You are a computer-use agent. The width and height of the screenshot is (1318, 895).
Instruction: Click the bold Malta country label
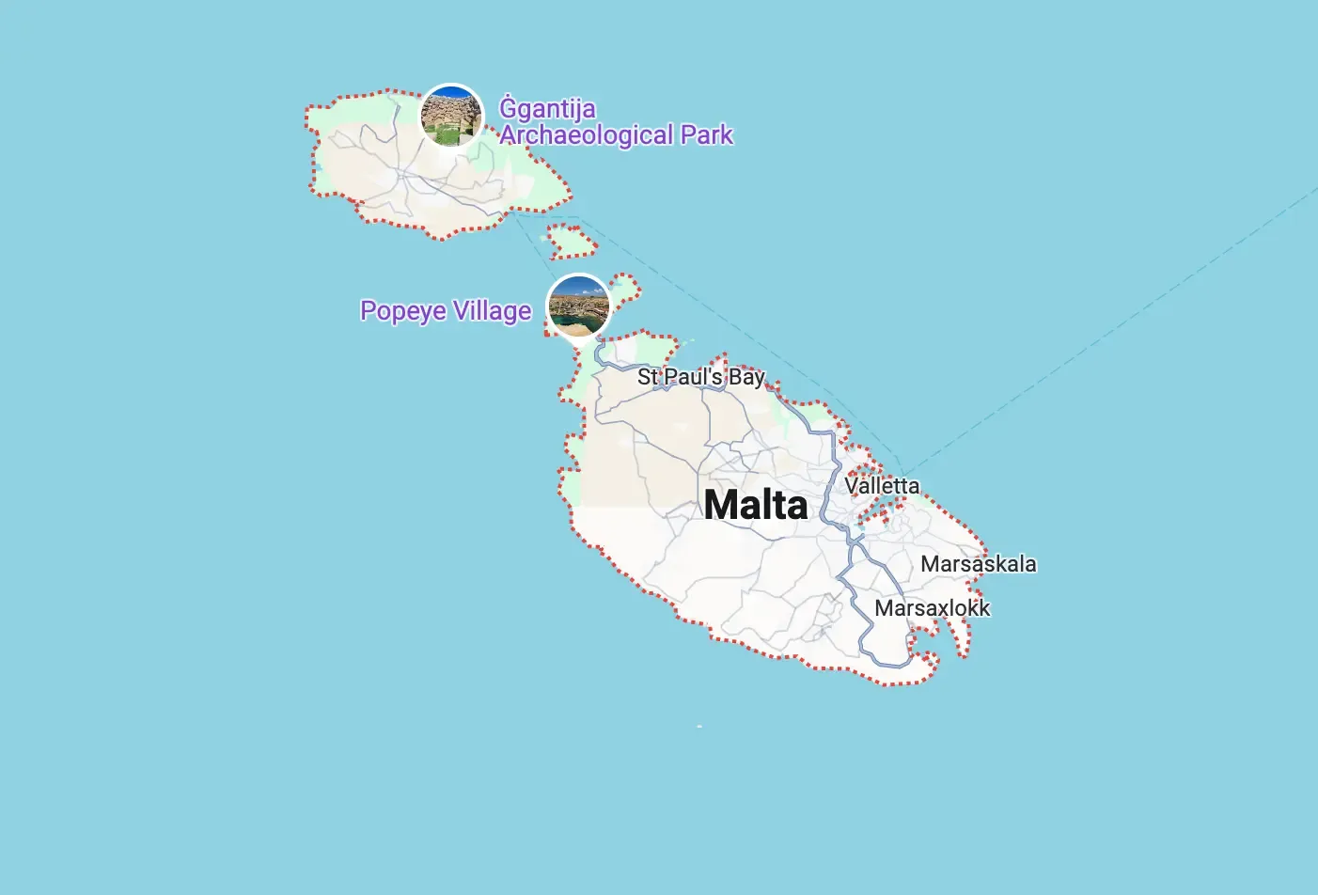[756, 505]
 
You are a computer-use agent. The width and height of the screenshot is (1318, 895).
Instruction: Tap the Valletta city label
[882, 486]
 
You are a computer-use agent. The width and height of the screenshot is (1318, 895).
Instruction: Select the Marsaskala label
[979, 564]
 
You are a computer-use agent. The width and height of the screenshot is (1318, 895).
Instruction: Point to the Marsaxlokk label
[932, 608]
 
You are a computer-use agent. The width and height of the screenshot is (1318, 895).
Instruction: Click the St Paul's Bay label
[701, 377]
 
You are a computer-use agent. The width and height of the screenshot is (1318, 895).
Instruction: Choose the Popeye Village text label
[446, 311]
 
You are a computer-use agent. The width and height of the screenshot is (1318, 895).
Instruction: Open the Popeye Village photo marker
[578, 306]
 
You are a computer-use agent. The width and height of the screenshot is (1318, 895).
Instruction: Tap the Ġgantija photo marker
[451, 116]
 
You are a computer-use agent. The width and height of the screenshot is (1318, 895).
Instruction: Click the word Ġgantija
[547, 109]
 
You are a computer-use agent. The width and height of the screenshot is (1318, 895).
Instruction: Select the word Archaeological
[587, 135]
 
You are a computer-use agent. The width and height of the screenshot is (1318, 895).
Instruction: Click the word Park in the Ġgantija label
[707, 135]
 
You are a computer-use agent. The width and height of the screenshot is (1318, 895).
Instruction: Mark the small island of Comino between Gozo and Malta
[571, 242]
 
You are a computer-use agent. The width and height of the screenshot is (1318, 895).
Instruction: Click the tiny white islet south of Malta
[699, 727]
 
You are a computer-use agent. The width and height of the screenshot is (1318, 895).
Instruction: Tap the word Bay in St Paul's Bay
[747, 377]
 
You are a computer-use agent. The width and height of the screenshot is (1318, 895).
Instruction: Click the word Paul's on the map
[693, 377]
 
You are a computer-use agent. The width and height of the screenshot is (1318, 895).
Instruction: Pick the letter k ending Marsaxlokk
[984, 608]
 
